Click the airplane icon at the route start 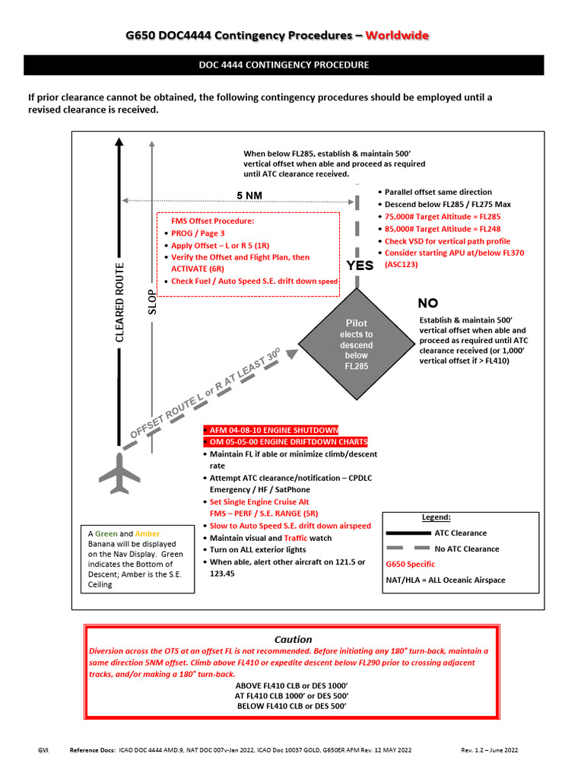click(x=120, y=474)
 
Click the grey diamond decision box click(x=355, y=344)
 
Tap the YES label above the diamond click(x=360, y=265)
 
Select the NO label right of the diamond click(x=429, y=303)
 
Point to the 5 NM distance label click(x=249, y=196)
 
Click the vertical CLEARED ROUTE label click(x=119, y=302)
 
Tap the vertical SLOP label click(x=151, y=302)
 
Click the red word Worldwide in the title click(x=397, y=36)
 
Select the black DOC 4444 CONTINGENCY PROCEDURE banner click(x=284, y=65)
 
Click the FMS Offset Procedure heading click(x=212, y=221)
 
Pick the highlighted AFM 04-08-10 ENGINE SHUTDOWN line click(x=275, y=430)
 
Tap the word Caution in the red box click(x=293, y=639)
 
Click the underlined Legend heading click(x=436, y=517)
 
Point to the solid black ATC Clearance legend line click(x=408, y=533)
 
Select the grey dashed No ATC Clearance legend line click(x=408, y=548)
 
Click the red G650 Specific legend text click(x=411, y=564)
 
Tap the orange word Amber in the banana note click(x=148, y=534)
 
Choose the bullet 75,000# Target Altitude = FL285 click(x=443, y=217)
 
